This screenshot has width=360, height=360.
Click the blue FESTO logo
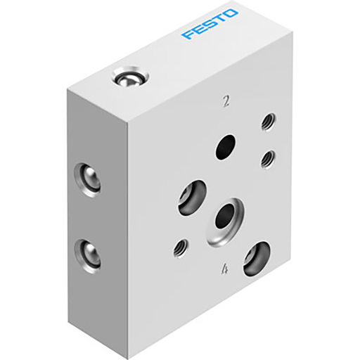210,24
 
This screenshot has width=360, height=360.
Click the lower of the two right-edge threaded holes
266,160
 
